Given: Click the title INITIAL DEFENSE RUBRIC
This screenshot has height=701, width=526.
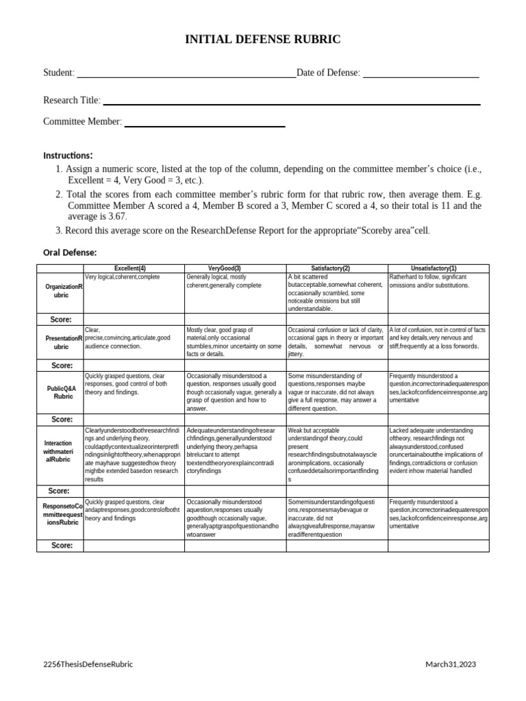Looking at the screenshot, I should (262, 40).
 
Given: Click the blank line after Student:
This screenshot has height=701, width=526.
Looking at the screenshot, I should (186, 73).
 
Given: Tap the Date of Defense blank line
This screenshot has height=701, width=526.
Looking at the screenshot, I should (421, 73).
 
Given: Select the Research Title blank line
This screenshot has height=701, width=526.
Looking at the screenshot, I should (291, 101).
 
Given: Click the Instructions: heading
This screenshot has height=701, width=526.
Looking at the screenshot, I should (68, 155).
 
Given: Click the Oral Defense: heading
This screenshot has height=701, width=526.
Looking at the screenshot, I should (70, 253).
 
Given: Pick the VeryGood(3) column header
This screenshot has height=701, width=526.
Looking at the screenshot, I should (235, 268).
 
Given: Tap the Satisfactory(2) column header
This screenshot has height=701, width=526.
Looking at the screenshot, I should (337, 268).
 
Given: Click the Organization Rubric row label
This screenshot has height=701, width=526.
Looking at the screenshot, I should (60, 291).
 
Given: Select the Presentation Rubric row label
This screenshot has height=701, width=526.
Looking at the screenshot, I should (60, 342).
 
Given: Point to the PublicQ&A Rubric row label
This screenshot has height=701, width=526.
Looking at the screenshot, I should (60, 392).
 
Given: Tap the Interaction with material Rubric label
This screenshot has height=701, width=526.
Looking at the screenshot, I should (60, 451).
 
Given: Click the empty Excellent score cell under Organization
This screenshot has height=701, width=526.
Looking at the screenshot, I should (134, 320).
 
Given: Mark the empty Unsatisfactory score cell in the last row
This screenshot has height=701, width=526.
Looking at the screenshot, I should (438, 546).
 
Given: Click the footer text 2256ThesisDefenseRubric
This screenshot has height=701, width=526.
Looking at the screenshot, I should (88, 664).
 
